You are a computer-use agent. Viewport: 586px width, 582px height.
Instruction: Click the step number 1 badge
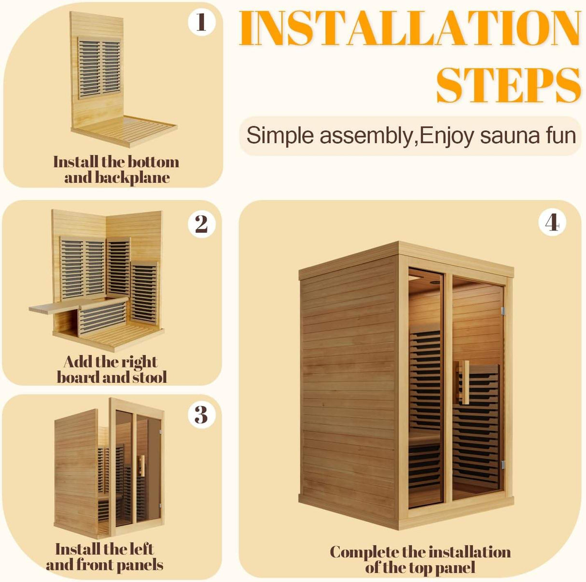click(201, 22)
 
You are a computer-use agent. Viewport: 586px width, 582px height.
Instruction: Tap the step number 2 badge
click(201, 224)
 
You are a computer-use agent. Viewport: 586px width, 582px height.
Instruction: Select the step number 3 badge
click(201, 415)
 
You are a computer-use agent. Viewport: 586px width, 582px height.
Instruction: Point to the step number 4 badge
click(552, 222)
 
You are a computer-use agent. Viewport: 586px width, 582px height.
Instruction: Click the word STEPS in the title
click(508, 85)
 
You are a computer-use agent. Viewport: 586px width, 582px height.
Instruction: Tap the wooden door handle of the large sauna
click(464, 382)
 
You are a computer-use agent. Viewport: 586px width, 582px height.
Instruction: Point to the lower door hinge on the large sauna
click(502, 465)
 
